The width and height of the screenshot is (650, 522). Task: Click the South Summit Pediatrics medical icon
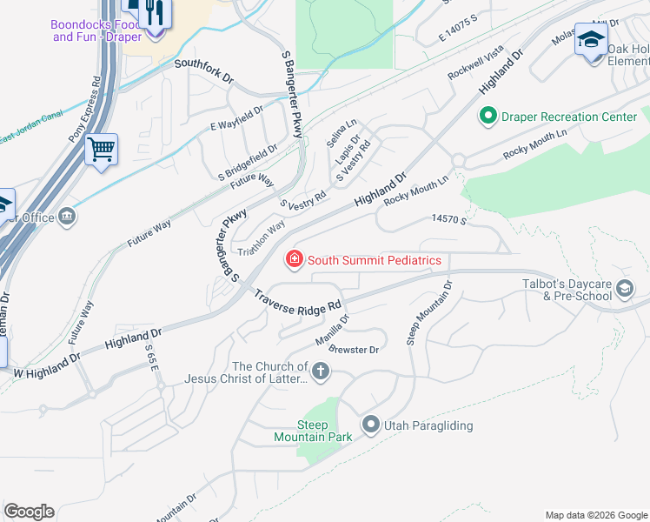(294, 259)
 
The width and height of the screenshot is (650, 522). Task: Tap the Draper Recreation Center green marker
(487, 116)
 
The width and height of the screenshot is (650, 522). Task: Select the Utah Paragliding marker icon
(371, 425)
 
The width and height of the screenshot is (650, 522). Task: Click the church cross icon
(321, 372)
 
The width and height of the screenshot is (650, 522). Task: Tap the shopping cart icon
(102, 151)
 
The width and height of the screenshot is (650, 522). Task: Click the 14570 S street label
(449, 222)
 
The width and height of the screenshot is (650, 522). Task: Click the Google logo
(29, 512)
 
